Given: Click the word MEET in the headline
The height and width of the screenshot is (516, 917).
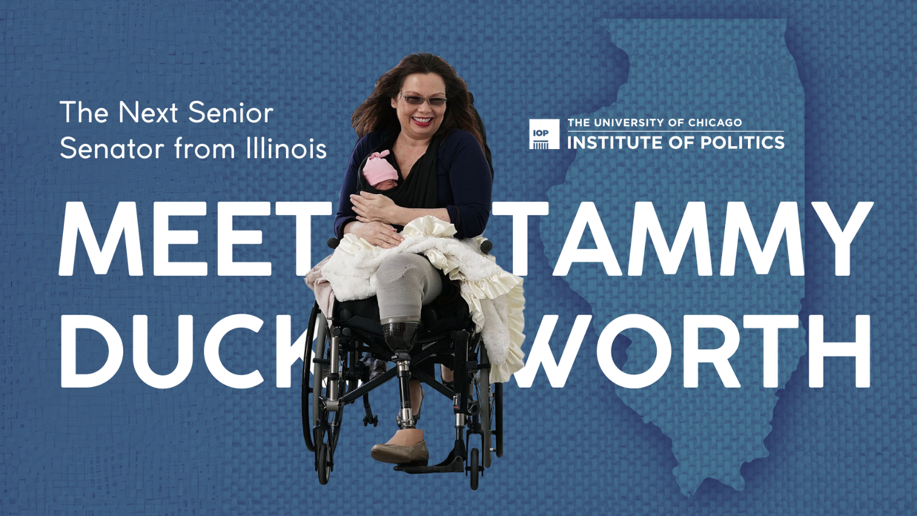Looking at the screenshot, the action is point(195,239).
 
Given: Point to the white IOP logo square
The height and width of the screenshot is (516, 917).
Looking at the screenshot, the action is point(544,134).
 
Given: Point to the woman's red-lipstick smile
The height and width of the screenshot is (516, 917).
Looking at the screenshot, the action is point(422,120).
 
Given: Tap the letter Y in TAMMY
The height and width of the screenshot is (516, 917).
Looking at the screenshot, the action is point(842,239).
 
